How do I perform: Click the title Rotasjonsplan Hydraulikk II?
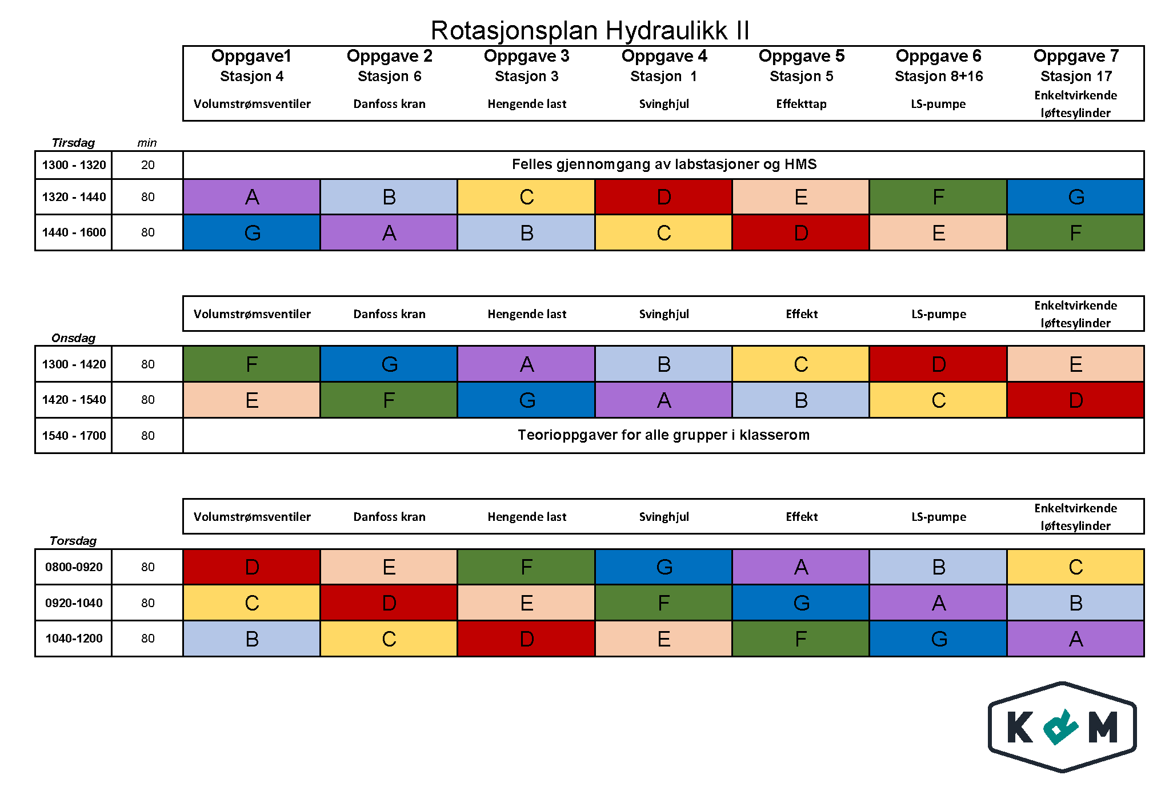pyautogui.click(x=590, y=30)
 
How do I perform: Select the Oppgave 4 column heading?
pyautogui.click(x=664, y=56)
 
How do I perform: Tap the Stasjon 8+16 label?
pyautogui.click(x=938, y=76)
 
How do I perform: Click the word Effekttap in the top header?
pyautogui.click(x=801, y=104)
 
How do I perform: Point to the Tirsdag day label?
pyautogui.click(x=73, y=143)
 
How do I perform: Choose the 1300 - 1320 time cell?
pyautogui.click(x=74, y=165)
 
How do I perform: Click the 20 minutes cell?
pyautogui.click(x=147, y=165)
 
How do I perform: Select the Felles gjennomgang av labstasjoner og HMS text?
pyautogui.click(x=664, y=164)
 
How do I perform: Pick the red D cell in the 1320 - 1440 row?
pyautogui.click(x=664, y=197)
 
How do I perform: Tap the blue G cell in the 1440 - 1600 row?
pyautogui.click(x=252, y=232)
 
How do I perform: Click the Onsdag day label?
pyautogui.click(x=73, y=338)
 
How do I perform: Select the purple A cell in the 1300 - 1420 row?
pyautogui.click(x=527, y=364)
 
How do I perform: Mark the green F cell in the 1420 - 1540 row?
pyautogui.click(x=389, y=400)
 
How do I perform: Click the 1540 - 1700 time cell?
pyautogui.click(x=74, y=436)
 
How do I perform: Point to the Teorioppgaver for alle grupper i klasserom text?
pyautogui.click(x=663, y=435)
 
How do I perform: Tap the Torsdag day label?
pyautogui.click(x=73, y=541)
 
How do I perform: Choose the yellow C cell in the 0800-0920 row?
pyautogui.click(x=1075, y=567)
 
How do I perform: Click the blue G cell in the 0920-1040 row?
pyautogui.click(x=801, y=603)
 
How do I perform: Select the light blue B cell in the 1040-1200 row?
pyautogui.click(x=252, y=639)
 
